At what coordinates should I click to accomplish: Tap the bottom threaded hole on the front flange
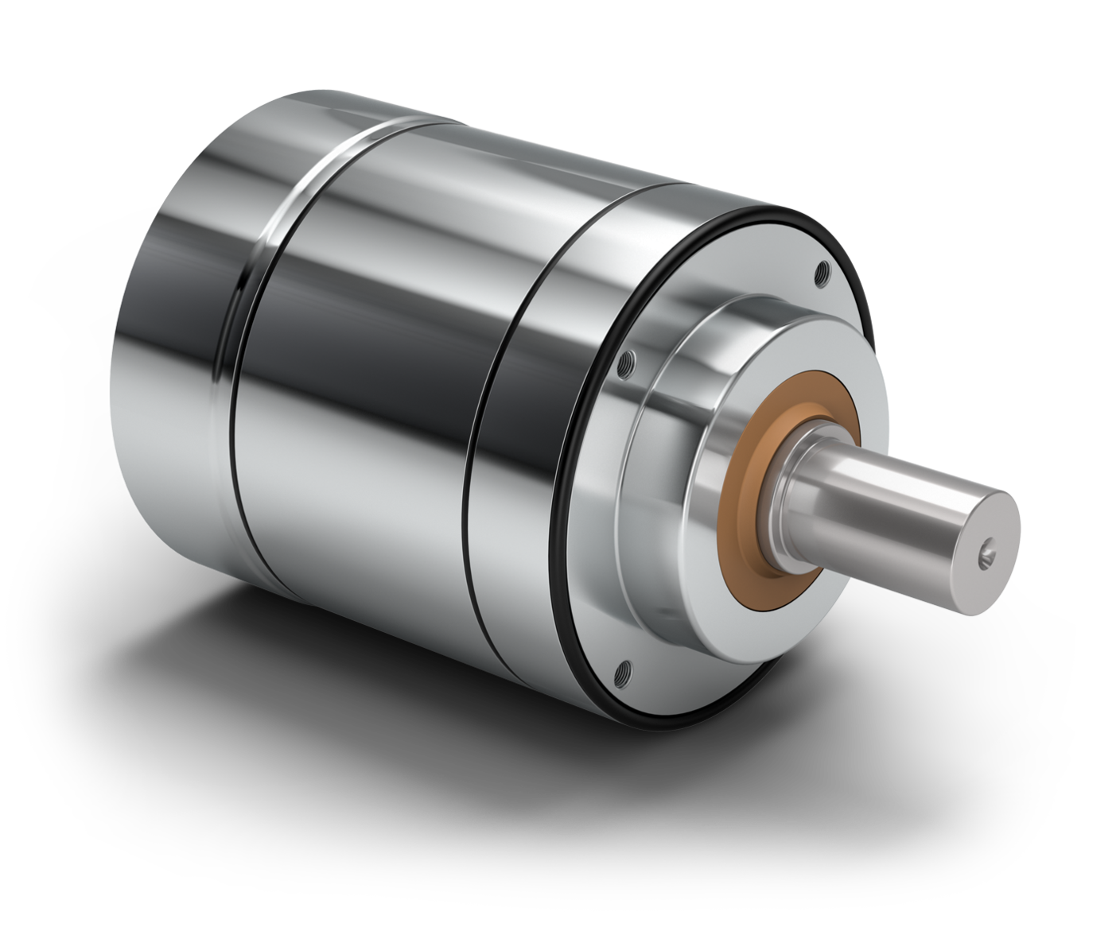pos(622,670)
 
